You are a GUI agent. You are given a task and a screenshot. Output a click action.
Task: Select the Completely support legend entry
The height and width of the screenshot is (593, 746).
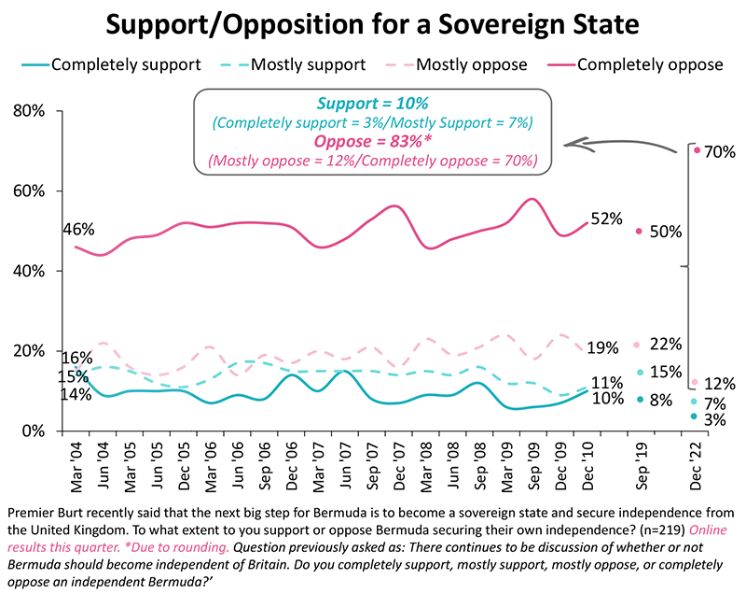pyautogui.click(x=125, y=64)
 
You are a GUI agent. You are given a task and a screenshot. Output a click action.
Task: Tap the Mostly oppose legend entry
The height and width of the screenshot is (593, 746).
pyautogui.click(x=471, y=64)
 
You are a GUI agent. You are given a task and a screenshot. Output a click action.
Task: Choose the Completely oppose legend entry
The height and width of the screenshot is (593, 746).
pyautogui.click(x=651, y=64)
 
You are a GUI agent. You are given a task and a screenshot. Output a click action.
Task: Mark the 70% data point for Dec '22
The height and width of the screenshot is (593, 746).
pyautogui.click(x=697, y=150)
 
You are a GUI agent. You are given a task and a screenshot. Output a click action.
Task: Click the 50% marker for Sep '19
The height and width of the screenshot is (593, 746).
pyautogui.click(x=639, y=231)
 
